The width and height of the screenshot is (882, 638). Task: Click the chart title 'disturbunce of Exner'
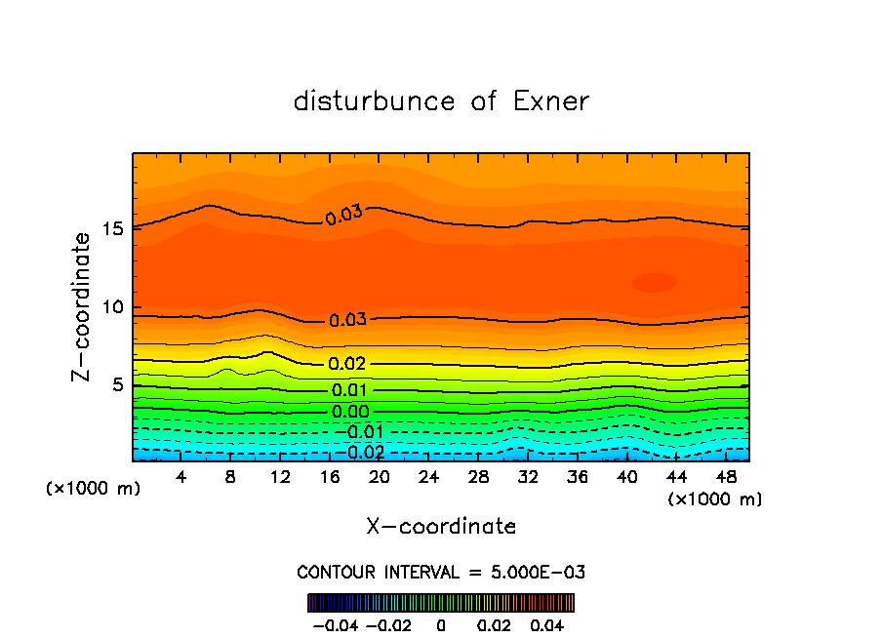click(441, 101)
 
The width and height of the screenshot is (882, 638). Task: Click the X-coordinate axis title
click(441, 527)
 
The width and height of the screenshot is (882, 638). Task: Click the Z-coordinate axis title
click(84, 306)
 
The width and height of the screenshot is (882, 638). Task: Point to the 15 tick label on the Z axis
click(113, 229)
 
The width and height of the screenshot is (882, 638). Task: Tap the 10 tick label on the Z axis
click(113, 307)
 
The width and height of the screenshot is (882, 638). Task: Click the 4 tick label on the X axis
click(181, 477)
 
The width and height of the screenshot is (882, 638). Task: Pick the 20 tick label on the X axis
click(380, 477)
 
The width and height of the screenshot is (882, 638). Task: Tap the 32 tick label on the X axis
click(528, 477)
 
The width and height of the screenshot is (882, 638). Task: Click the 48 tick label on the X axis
click(726, 477)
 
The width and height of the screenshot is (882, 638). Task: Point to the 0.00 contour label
click(350, 412)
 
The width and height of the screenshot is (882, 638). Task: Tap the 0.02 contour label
click(347, 364)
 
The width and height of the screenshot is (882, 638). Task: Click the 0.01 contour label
click(350, 391)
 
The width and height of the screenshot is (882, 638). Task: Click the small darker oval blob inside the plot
click(654, 283)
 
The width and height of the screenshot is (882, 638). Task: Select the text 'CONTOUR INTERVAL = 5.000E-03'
click(441, 572)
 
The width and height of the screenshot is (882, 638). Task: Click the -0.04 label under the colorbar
click(335, 624)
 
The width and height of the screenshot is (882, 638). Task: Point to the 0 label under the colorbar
click(441, 624)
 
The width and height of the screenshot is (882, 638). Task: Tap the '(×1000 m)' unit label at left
click(93, 489)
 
